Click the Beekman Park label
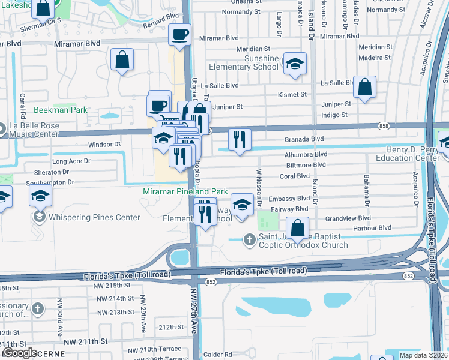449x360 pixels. tap(60, 110)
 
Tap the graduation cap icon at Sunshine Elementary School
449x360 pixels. tap(295, 64)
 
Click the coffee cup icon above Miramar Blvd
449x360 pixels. tap(179, 35)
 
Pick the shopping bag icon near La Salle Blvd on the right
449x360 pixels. tap(364, 87)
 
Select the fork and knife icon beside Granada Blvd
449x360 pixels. tap(240, 139)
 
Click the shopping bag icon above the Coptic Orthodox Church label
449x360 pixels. tap(297, 228)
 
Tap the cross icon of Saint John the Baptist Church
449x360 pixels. tap(250, 240)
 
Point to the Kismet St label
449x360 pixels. tap(292, 95)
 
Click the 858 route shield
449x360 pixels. tap(383, 125)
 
